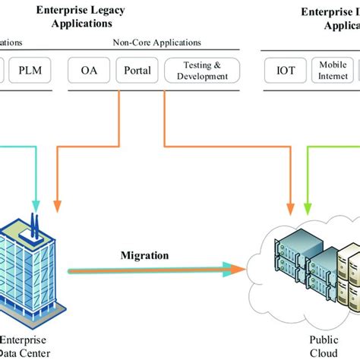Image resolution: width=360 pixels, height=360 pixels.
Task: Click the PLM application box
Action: click(x=31, y=72)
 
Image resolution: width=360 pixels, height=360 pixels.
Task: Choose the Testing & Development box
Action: click(x=201, y=72)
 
